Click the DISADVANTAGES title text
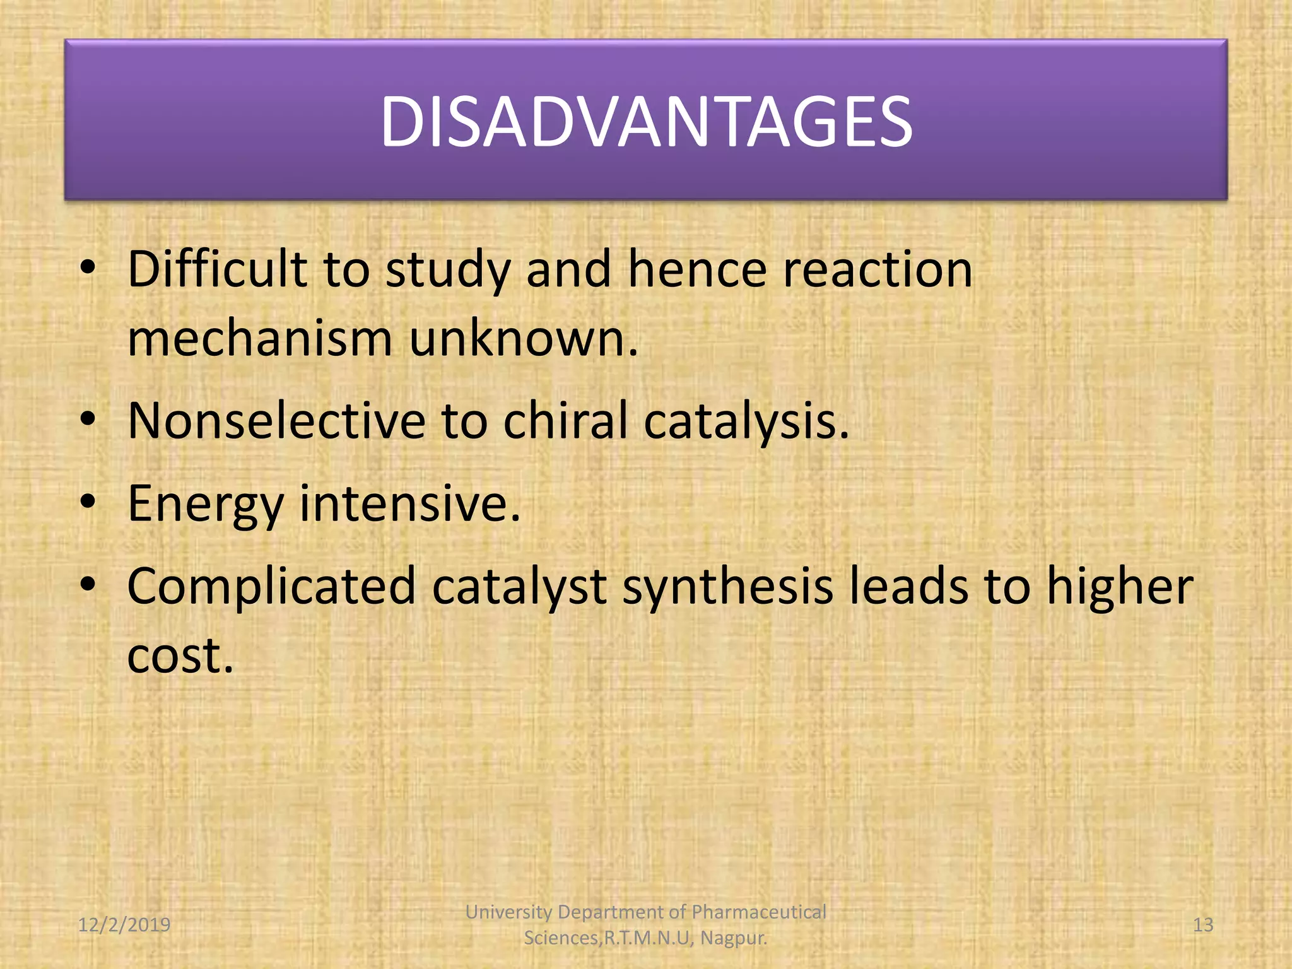point(646,121)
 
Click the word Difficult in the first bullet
point(217,269)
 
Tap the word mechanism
point(259,339)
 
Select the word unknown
point(523,339)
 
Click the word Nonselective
point(276,420)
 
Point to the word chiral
point(565,420)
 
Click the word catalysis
point(746,421)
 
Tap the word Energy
point(205,505)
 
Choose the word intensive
point(409,503)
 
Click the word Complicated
point(271,587)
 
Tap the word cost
point(180,655)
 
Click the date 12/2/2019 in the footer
point(124,925)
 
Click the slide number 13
point(1203,925)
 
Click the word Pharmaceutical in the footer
point(758,912)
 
